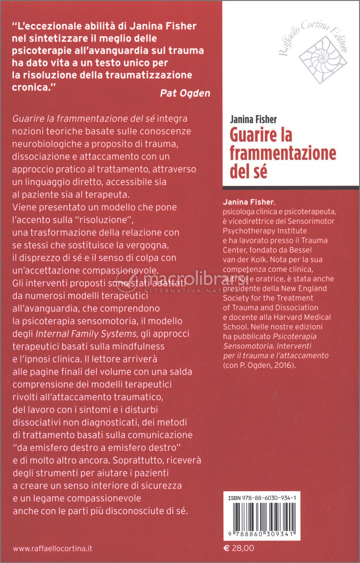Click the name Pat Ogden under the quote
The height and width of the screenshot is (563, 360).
(185, 93)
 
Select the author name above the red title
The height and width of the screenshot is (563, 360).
(253, 120)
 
